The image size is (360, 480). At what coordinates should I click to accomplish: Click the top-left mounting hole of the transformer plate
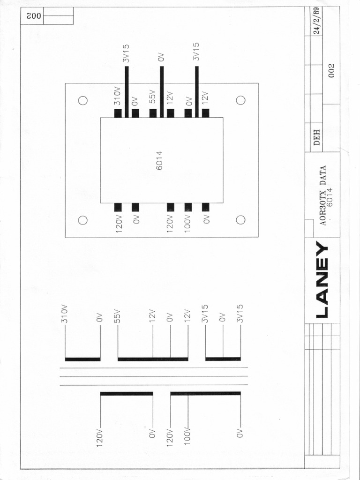click(83, 100)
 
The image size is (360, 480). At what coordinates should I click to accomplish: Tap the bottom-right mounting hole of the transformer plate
click(241, 220)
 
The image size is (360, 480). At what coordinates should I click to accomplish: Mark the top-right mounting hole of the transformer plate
click(241, 100)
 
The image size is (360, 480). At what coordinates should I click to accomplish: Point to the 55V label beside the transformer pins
click(152, 97)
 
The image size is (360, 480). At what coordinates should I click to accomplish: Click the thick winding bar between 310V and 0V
click(82, 360)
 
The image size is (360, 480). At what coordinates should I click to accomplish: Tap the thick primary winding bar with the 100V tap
click(205, 394)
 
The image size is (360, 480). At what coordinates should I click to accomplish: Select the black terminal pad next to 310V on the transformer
click(118, 113)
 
